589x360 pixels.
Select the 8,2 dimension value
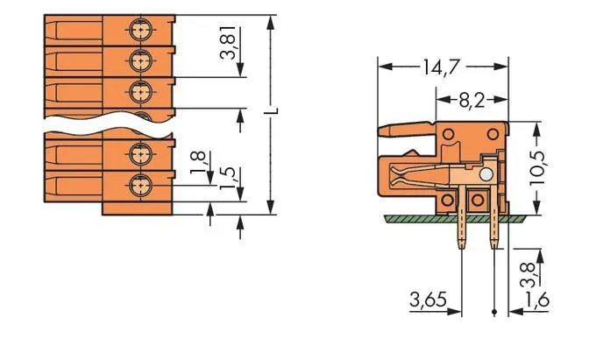(x=472, y=101)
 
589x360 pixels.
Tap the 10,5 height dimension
(x=538, y=168)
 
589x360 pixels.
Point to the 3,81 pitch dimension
(x=228, y=43)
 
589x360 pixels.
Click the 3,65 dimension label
(x=428, y=300)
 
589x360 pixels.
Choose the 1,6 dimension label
(x=537, y=300)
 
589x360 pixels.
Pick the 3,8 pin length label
(x=529, y=275)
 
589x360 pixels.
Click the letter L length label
(x=274, y=111)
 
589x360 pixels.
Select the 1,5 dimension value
(x=227, y=178)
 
